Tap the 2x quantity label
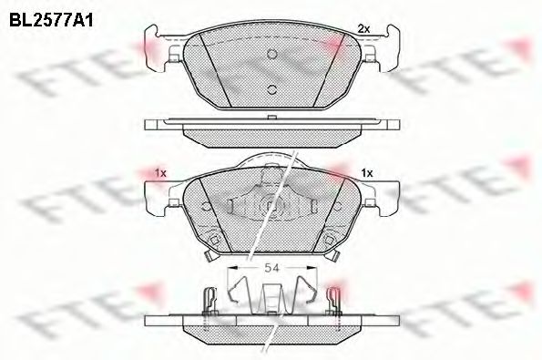tap(363, 29)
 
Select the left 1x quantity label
tap(160, 171)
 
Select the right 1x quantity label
tap(367, 171)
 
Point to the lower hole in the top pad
tap(271, 87)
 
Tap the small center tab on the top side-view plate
tap(271, 117)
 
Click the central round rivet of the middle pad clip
tap(271, 206)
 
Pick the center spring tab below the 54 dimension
tap(271, 296)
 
